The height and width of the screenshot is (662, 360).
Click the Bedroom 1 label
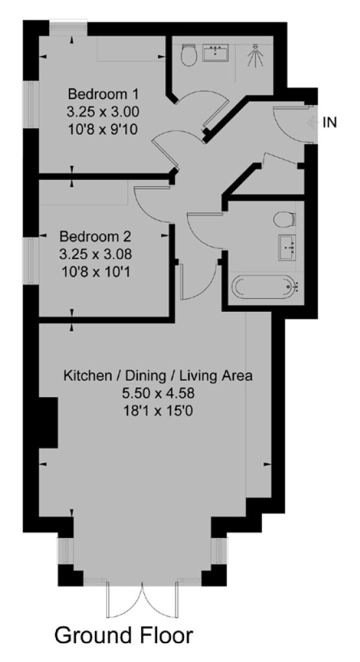pos(103,93)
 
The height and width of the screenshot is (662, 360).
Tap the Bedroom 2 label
pos(95,236)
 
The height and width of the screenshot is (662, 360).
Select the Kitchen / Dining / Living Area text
pos(158,376)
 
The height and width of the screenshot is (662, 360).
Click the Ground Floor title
pos(124,635)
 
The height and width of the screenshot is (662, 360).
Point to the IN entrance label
pos(329,122)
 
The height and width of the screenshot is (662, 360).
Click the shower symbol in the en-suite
pos(255,56)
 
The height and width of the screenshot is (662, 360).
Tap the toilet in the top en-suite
pos(188,55)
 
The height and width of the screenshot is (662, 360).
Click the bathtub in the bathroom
pos(266,287)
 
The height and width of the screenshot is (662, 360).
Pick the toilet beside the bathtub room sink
pos(285,220)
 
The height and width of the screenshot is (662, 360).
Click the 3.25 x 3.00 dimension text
pos(103,112)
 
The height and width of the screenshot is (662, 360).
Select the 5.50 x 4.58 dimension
pos(158,394)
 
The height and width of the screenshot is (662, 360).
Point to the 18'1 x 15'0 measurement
pos(158,411)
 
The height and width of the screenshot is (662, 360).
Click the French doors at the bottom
pos(142,600)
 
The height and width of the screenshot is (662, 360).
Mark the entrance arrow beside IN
pos(312,122)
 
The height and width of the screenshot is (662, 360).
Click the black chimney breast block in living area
pos(48,422)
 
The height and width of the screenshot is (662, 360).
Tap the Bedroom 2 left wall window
pos(31,260)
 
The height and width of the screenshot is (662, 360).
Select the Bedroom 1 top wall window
pos(68,29)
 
